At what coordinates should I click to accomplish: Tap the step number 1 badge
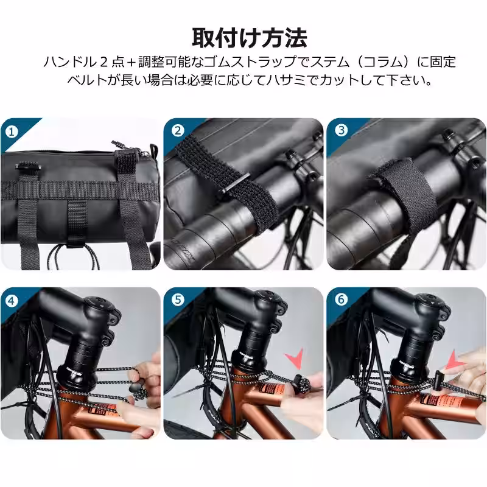tap(10, 130)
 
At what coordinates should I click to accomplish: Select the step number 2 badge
tap(178, 130)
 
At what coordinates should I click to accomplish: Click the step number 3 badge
tap(341, 130)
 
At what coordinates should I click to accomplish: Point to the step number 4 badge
tap(10, 300)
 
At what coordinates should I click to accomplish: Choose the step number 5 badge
tap(178, 300)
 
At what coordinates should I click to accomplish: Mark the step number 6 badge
tap(341, 300)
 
